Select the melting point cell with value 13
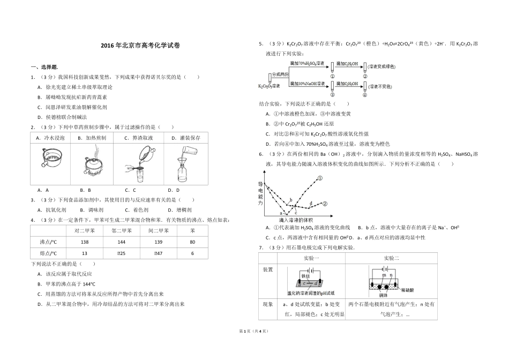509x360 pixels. (x=84, y=253)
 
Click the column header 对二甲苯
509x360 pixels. (x=84, y=231)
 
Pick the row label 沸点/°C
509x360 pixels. (x=48, y=242)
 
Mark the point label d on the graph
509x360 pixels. (x=311, y=202)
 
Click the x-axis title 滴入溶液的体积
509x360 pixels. (x=296, y=220)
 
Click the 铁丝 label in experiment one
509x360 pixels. (x=306, y=276)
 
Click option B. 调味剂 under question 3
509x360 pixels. (x=89, y=210)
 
